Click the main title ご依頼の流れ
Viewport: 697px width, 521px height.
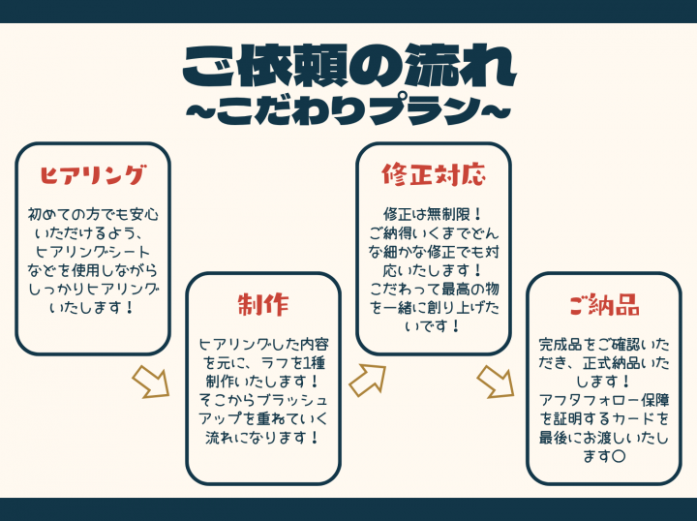[348, 66]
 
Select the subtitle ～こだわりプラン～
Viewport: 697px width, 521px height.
[348, 109]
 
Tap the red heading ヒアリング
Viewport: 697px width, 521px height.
[93, 174]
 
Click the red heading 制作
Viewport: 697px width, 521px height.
[263, 305]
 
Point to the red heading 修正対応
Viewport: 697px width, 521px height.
[434, 174]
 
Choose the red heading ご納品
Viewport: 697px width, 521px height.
[604, 304]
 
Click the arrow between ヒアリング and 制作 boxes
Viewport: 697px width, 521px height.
[152, 382]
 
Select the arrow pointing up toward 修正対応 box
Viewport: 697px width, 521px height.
[367, 380]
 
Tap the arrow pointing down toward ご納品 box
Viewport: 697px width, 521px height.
[496, 382]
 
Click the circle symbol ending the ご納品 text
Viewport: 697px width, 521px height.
[619, 456]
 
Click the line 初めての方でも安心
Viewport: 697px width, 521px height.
[93, 214]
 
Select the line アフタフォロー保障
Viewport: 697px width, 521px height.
[604, 400]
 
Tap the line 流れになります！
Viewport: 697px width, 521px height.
[263, 438]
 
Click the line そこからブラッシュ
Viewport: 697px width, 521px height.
[263, 400]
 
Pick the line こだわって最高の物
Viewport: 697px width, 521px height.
[434, 289]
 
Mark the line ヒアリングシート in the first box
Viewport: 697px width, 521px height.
[93, 252]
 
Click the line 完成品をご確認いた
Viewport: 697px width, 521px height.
[604, 345]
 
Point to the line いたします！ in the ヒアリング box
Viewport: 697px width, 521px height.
[93, 307]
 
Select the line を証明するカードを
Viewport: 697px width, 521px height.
[604, 418]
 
